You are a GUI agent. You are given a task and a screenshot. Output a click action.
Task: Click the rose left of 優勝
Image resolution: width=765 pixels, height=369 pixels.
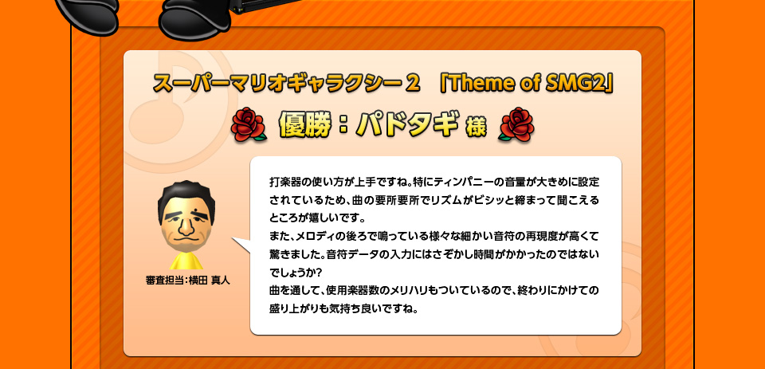[247, 125]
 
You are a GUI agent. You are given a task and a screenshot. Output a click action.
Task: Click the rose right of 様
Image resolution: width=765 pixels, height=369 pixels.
[516, 125]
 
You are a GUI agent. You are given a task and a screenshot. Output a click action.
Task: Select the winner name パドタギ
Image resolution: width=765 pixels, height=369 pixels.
[408, 125]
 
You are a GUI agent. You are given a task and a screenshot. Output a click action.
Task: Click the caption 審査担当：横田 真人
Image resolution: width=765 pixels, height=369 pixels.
[187, 281]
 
